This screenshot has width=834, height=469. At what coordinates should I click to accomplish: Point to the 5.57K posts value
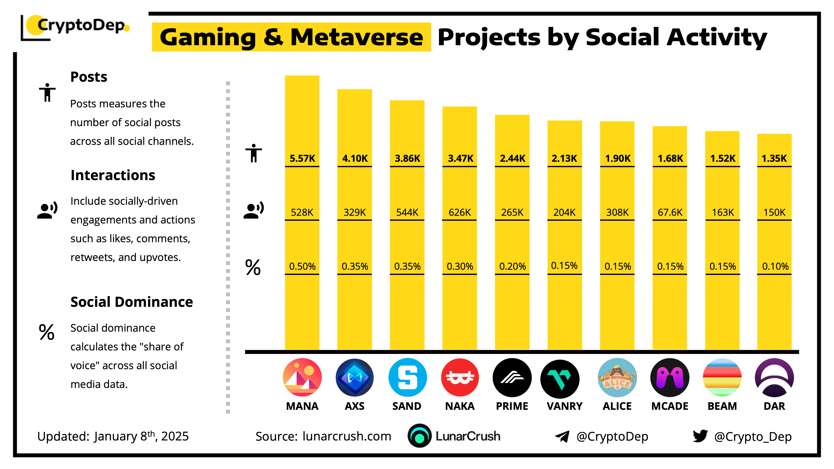point(302,158)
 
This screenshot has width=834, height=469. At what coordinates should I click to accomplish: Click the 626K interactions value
point(460,212)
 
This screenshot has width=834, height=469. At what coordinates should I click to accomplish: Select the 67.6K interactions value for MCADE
point(670,212)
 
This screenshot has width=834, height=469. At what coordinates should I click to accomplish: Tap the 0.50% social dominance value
point(302,266)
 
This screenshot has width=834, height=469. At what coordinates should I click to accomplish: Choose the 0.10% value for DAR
point(775,266)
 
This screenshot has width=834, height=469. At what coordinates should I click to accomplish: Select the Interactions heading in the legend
point(113,175)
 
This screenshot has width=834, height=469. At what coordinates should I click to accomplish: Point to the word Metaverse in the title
point(357,37)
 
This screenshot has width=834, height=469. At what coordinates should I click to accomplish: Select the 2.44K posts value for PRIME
point(512,158)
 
